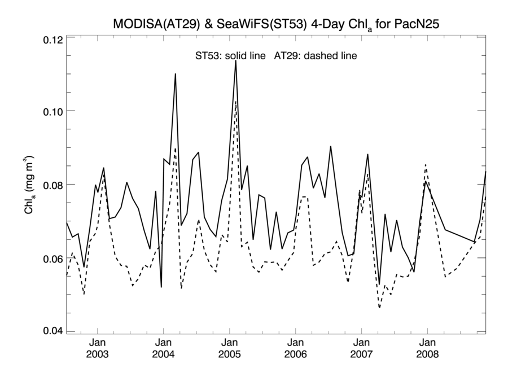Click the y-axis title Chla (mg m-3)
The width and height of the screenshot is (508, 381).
(28, 185)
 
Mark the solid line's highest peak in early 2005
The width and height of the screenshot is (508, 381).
(235, 60)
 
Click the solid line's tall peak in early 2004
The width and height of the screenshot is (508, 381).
(176, 74)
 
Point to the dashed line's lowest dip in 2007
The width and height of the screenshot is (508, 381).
(379, 308)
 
